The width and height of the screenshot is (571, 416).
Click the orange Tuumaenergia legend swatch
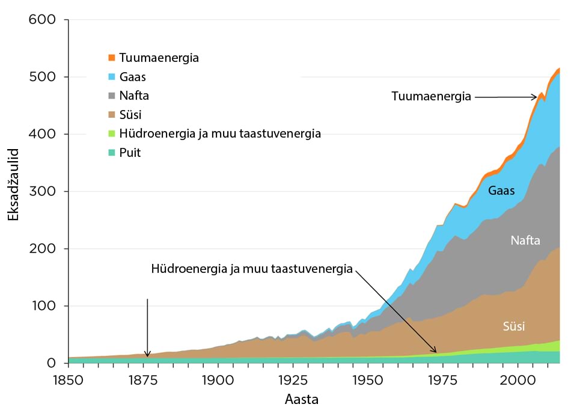point(111,58)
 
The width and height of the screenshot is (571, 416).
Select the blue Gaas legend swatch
point(111,76)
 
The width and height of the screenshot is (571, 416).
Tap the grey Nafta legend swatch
point(111,96)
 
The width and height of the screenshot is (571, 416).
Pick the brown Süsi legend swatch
point(111,114)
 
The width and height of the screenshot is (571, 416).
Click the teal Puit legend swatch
point(111,152)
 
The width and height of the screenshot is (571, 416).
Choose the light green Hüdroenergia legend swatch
point(111,133)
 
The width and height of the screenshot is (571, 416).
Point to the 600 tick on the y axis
point(43,20)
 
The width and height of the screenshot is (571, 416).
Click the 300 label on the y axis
point(43,192)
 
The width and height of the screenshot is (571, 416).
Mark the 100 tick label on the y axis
point(43,306)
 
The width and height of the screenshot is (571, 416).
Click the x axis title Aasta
point(302,399)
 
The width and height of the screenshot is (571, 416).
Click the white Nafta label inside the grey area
point(525,241)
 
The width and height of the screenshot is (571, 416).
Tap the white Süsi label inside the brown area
point(514,327)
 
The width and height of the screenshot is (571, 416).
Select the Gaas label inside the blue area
point(501,191)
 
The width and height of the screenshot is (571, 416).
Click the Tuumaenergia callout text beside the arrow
point(431,96)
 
